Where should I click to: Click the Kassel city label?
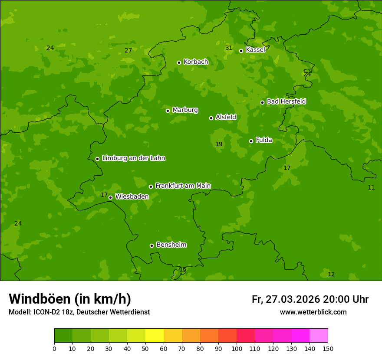pyautogui.click(x=255, y=50)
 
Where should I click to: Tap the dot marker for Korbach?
pyautogui.click(x=179, y=62)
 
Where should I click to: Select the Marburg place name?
pyautogui.click(x=185, y=110)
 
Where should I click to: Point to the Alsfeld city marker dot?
pyautogui.click(x=211, y=118)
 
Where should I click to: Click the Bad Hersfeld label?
pyautogui.click(x=286, y=101)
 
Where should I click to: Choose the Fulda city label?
pyautogui.click(x=264, y=140)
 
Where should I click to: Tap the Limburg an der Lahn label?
pyautogui.click(x=133, y=158)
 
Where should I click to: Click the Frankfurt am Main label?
pyautogui.click(x=183, y=186)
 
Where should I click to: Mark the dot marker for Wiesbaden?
pyautogui.click(x=110, y=197)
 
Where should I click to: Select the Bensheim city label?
pyautogui.click(x=171, y=245)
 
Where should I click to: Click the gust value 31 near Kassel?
pyautogui.click(x=229, y=48)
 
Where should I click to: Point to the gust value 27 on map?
pyautogui.click(x=128, y=50)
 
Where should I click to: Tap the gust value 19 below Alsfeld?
pyautogui.click(x=219, y=144)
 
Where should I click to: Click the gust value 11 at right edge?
pyautogui.click(x=371, y=187)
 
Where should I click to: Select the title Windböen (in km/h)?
pyautogui.click(x=70, y=299)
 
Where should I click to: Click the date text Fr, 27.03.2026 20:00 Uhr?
pyautogui.click(x=310, y=299)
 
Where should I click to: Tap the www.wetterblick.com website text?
pyautogui.click(x=313, y=312)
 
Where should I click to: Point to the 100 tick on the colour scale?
pyautogui.click(x=237, y=348)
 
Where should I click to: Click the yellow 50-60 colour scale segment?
pyautogui.click(x=155, y=335)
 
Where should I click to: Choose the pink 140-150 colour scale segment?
pyautogui.click(x=319, y=335)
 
